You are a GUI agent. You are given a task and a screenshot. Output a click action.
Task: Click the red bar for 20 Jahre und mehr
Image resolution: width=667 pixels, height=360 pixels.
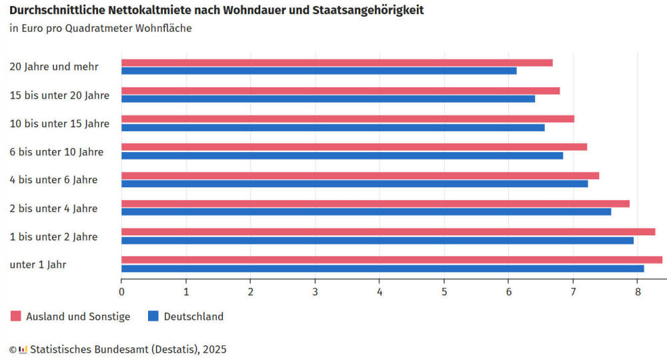click(337, 63)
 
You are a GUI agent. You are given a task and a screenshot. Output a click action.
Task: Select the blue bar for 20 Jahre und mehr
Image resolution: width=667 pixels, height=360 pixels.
click(319, 71)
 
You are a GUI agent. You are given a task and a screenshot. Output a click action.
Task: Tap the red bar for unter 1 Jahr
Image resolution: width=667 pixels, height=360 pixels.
click(392, 260)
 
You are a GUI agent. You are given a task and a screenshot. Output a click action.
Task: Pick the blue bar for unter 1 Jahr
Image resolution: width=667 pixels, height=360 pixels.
click(382, 268)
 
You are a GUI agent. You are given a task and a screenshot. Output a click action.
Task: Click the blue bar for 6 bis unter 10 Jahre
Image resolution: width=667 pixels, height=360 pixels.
click(342, 155)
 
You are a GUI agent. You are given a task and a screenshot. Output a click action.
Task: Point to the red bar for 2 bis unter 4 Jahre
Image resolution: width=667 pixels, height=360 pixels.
click(375, 203)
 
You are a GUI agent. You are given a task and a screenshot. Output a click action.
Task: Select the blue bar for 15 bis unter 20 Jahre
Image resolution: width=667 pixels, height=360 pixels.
click(328, 99)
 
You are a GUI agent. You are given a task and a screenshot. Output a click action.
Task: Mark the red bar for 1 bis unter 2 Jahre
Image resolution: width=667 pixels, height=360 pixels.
click(388, 232)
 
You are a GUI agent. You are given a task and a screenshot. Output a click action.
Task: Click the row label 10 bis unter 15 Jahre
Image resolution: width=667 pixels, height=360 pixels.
click(59, 123)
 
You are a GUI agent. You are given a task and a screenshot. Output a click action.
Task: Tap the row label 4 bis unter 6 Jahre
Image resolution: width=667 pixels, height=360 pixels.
click(53, 180)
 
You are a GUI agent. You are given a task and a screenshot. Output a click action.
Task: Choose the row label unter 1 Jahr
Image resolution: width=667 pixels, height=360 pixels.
click(38, 265)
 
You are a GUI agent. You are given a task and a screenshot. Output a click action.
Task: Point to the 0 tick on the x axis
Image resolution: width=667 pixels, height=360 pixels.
click(121, 291)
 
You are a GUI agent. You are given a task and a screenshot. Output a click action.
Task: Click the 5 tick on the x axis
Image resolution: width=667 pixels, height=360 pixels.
click(444, 291)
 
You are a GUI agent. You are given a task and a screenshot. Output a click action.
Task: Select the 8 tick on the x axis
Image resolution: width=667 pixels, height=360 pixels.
click(638, 291)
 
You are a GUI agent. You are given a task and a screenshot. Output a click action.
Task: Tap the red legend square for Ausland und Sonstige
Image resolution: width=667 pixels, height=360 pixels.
click(16, 317)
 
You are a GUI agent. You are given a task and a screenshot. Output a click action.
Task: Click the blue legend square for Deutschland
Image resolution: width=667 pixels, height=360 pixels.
click(153, 317)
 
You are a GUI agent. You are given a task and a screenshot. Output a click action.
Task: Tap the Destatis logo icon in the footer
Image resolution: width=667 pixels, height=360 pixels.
click(23, 349)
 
